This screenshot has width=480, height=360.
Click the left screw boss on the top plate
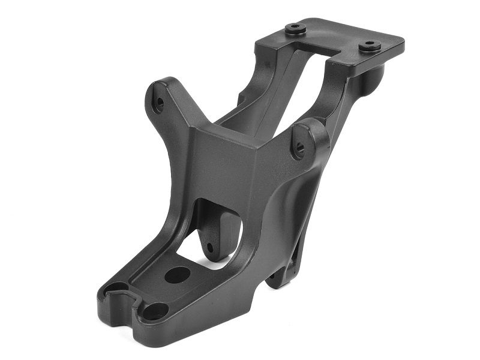pyautogui.click(x=295, y=28)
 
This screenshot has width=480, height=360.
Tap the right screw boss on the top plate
pyautogui.click(x=369, y=44)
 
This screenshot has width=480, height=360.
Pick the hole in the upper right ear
pyautogui.click(x=299, y=147)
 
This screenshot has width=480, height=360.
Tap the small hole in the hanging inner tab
pyautogui.click(x=211, y=247)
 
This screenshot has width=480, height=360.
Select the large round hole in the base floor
pyautogui.click(x=177, y=275)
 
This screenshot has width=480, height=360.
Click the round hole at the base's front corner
pyautogui.click(x=155, y=311)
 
